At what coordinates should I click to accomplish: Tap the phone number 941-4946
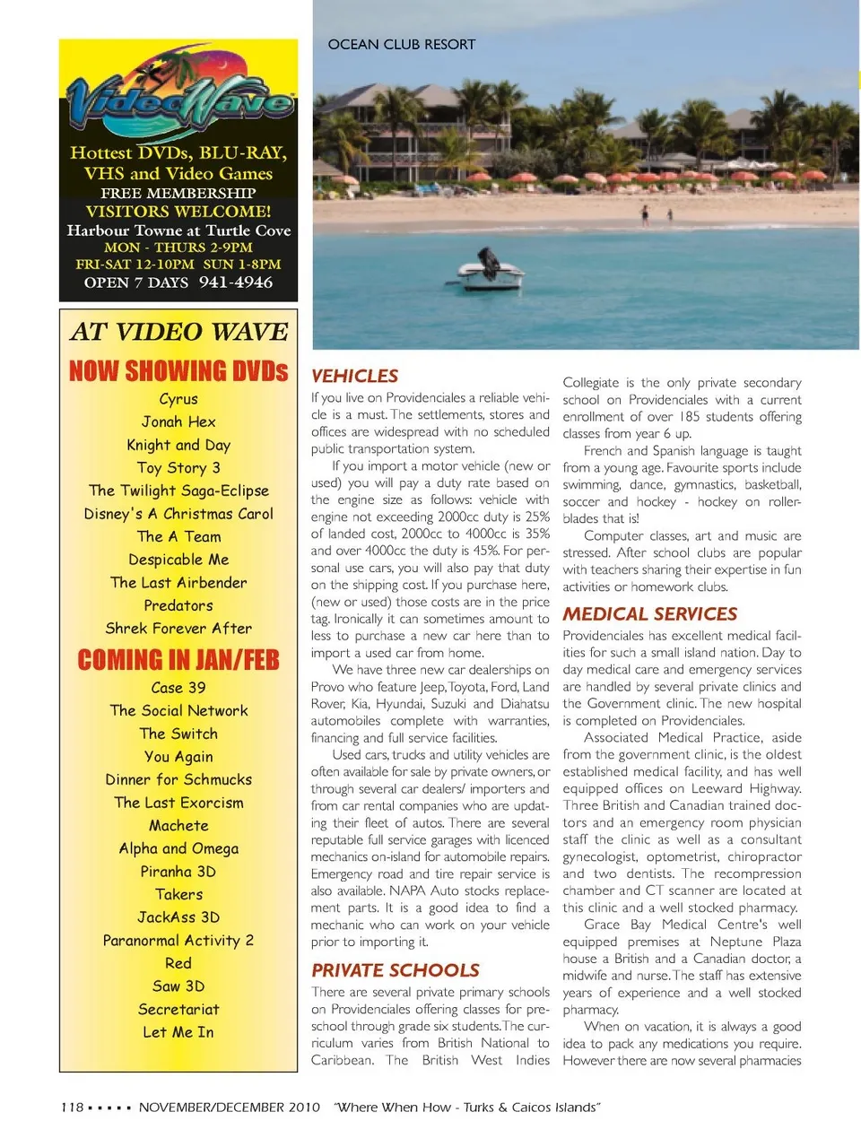tap(236, 282)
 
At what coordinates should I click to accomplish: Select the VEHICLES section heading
tap(354, 376)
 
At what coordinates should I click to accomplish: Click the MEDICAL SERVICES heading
tap(649, 614)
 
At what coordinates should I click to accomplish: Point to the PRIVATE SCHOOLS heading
tap(395, 970)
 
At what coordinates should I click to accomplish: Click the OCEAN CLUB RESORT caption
tap(401, 44)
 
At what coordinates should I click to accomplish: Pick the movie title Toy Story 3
tap(178, 467)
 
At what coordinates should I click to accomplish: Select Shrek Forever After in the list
tap(178, 629)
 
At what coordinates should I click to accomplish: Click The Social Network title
tap(178, 710)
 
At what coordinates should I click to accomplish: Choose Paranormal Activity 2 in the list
tap(178, 941)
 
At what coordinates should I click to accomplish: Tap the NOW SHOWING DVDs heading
tap(178, 371)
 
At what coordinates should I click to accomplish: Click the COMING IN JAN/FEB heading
tap(178, 661)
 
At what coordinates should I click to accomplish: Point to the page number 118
tap(72, 1108)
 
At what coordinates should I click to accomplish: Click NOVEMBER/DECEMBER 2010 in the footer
tap(229, 1108)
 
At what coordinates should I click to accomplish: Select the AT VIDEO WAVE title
tap(178, 332)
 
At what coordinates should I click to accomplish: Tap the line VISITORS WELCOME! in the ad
tap(178, 212)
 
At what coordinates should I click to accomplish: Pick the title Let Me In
tap(178, 1032)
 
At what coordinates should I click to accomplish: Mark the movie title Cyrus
tap(178, 399)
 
